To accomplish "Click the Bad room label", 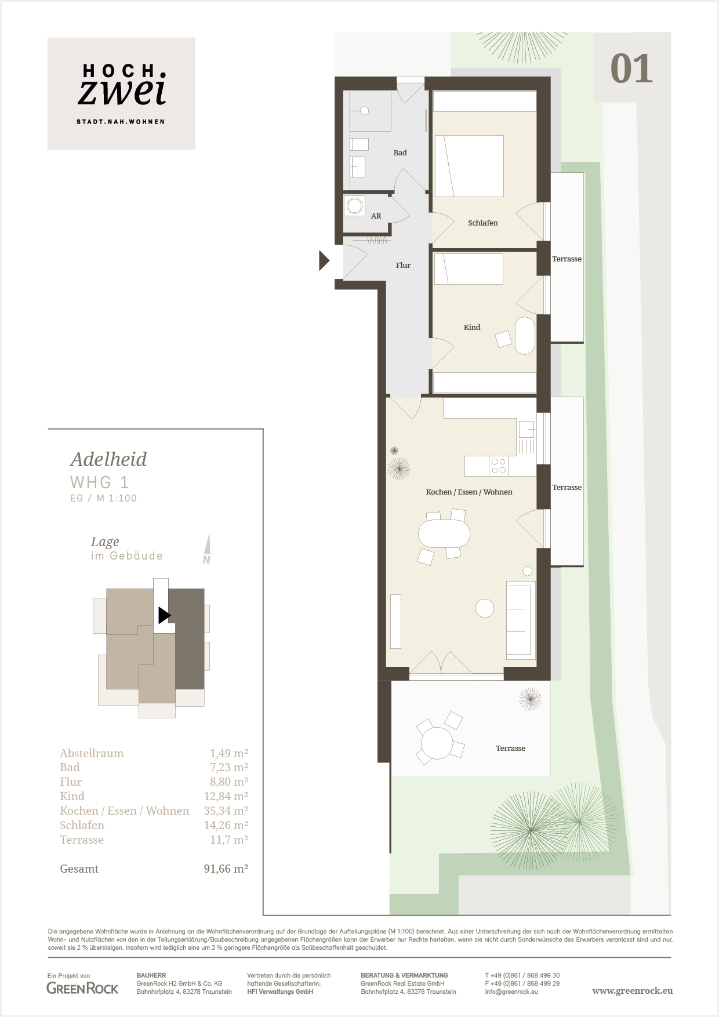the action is coord(400,153).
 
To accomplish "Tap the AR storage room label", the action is coord(376,216).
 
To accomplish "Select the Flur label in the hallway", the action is coord(403,266).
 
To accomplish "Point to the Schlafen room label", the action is coord(483,223).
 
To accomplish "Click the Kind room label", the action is coord(472,327).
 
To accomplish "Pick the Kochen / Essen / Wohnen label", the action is coord(469,492).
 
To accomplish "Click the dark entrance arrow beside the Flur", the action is coord(324,260).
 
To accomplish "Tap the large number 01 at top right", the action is coord(632,69).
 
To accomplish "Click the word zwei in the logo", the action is coord(122,92).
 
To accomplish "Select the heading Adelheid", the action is coord(108,459).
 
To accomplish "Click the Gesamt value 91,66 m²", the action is coord(226,869).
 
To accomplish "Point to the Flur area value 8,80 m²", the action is coord(229,782).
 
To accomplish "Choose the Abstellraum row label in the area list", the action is coord(92,753).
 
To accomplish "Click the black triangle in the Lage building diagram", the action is coord(164,615).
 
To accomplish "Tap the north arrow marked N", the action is coord(207,549).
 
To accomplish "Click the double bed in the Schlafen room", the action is coord(469,166).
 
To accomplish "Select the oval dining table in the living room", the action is coord(444,533).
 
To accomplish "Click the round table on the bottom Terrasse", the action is coord(437,743).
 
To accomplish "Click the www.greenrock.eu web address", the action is coord(633,991).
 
